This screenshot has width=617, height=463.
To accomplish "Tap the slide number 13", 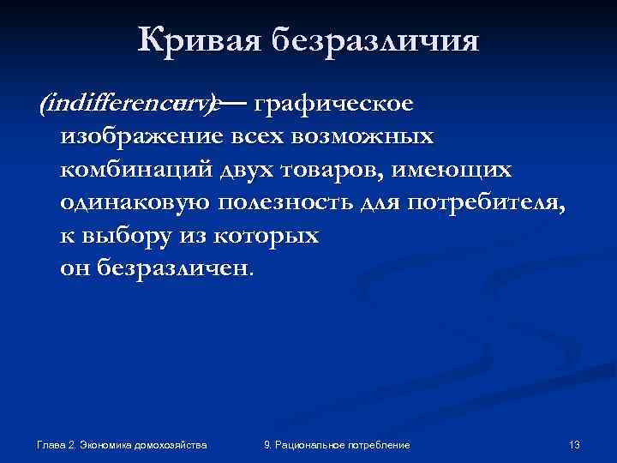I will [x=574, y=445].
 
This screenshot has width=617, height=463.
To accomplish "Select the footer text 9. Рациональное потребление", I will [x=337, y=445].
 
